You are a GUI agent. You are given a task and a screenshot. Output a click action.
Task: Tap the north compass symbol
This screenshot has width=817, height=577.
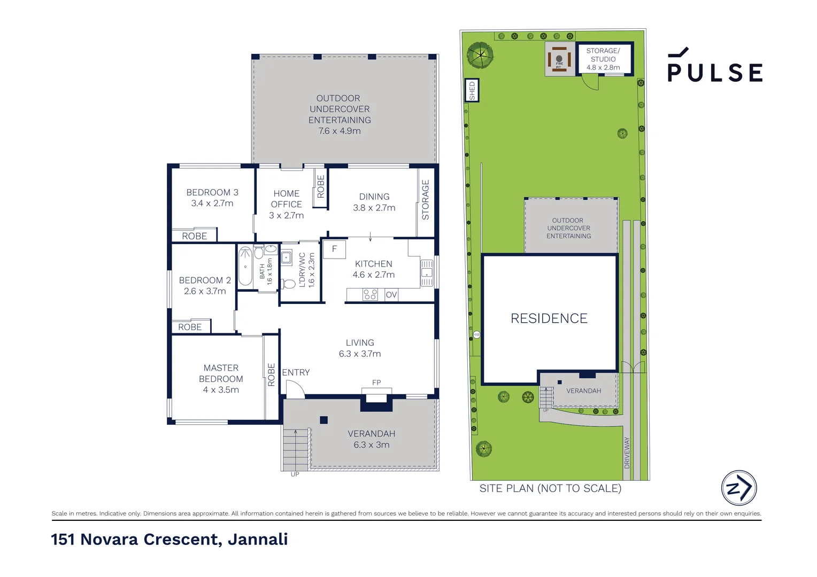coord(739,488)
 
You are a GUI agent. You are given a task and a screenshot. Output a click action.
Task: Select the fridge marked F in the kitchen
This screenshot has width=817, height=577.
coord(335,249)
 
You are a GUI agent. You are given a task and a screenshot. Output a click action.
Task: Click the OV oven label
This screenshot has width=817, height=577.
coord(391,294)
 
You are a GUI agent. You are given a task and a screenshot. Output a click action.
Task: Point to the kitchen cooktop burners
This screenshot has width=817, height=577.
coord(370,294)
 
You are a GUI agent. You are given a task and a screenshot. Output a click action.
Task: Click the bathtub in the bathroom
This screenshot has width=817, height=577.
coord(245,267)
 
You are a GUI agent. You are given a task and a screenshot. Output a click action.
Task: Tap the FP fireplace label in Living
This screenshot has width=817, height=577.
coord(376,383)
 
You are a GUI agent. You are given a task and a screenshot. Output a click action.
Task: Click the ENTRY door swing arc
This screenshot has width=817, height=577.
coord(300,385)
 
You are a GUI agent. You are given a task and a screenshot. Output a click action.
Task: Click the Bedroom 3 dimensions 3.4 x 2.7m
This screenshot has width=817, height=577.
coord(212,204)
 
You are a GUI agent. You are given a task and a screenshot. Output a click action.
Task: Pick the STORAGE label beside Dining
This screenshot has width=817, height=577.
coord(425,200)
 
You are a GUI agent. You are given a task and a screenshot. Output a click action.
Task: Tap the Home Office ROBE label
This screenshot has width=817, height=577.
coord(321,186)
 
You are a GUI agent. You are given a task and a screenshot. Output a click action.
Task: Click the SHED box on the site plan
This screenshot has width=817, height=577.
coord(472,90)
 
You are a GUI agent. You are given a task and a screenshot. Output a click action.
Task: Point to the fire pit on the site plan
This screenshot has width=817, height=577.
coord(559,59)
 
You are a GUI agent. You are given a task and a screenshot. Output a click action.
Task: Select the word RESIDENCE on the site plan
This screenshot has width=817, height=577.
coord(549,318)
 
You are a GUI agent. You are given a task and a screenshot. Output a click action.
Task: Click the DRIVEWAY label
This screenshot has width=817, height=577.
coord(627,453)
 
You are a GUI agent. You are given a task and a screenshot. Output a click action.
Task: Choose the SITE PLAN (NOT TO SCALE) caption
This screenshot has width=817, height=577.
coord(550,488)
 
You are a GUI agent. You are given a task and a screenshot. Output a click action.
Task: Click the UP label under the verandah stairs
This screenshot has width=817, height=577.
coord(295,474)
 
